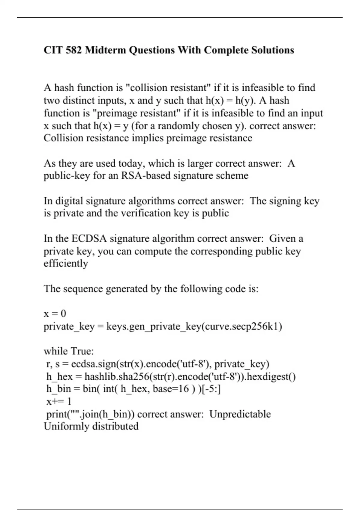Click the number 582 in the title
[73, 50]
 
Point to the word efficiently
[66, 263]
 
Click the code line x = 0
[55, 313]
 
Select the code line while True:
[69, 351]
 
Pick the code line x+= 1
[59, 401]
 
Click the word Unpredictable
[240, 414]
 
